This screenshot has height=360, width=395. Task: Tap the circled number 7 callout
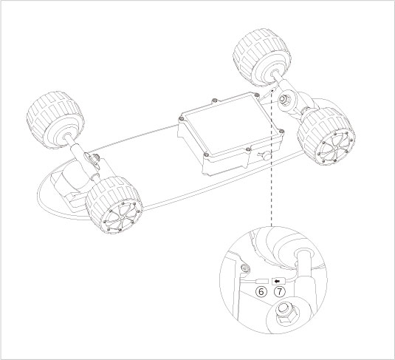click(x=278, y=292)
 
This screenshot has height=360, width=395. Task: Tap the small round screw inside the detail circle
click(x=244, y=267)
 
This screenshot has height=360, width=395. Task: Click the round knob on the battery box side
click(x=263, y=155)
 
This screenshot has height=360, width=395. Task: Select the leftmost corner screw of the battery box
click(x=182, y=116)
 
